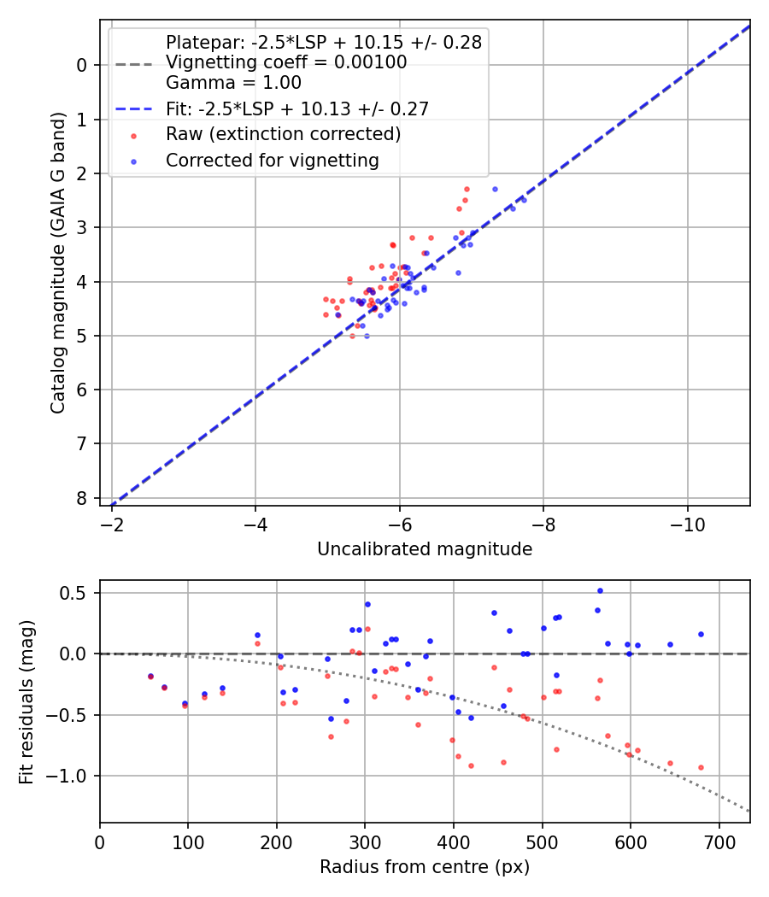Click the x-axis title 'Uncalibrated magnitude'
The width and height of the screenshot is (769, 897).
425,549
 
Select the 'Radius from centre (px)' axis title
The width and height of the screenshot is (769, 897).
425,867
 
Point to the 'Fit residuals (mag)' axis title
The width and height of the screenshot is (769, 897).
26,701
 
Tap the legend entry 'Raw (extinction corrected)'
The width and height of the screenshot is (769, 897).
283,134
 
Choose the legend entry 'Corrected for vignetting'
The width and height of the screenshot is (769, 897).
272,160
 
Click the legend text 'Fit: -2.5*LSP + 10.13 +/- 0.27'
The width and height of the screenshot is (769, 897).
296,108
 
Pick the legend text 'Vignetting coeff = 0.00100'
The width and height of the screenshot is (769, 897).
286,62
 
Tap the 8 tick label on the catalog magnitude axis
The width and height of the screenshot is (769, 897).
82,498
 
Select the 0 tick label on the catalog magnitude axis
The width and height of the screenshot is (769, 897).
82,65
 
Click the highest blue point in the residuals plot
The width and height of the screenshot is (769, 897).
600,590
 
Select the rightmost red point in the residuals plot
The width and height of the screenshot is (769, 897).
701,767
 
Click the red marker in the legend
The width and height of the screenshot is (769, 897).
132,134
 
